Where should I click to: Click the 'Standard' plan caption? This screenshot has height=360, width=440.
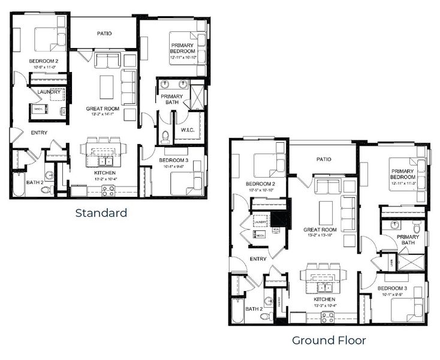click(101, 212)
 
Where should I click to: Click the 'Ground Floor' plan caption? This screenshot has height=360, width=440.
click(329, 340)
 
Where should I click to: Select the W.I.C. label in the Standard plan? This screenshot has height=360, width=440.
click(185, 130)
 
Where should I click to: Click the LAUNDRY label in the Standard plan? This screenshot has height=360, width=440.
click(48, 92)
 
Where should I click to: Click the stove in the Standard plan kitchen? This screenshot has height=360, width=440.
click(109, 191)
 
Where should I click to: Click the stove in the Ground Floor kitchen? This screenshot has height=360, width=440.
click(327, 317)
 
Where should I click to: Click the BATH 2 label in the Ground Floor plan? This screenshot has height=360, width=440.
click(254, 309)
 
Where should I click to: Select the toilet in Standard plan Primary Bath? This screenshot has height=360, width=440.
click(165, 136)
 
